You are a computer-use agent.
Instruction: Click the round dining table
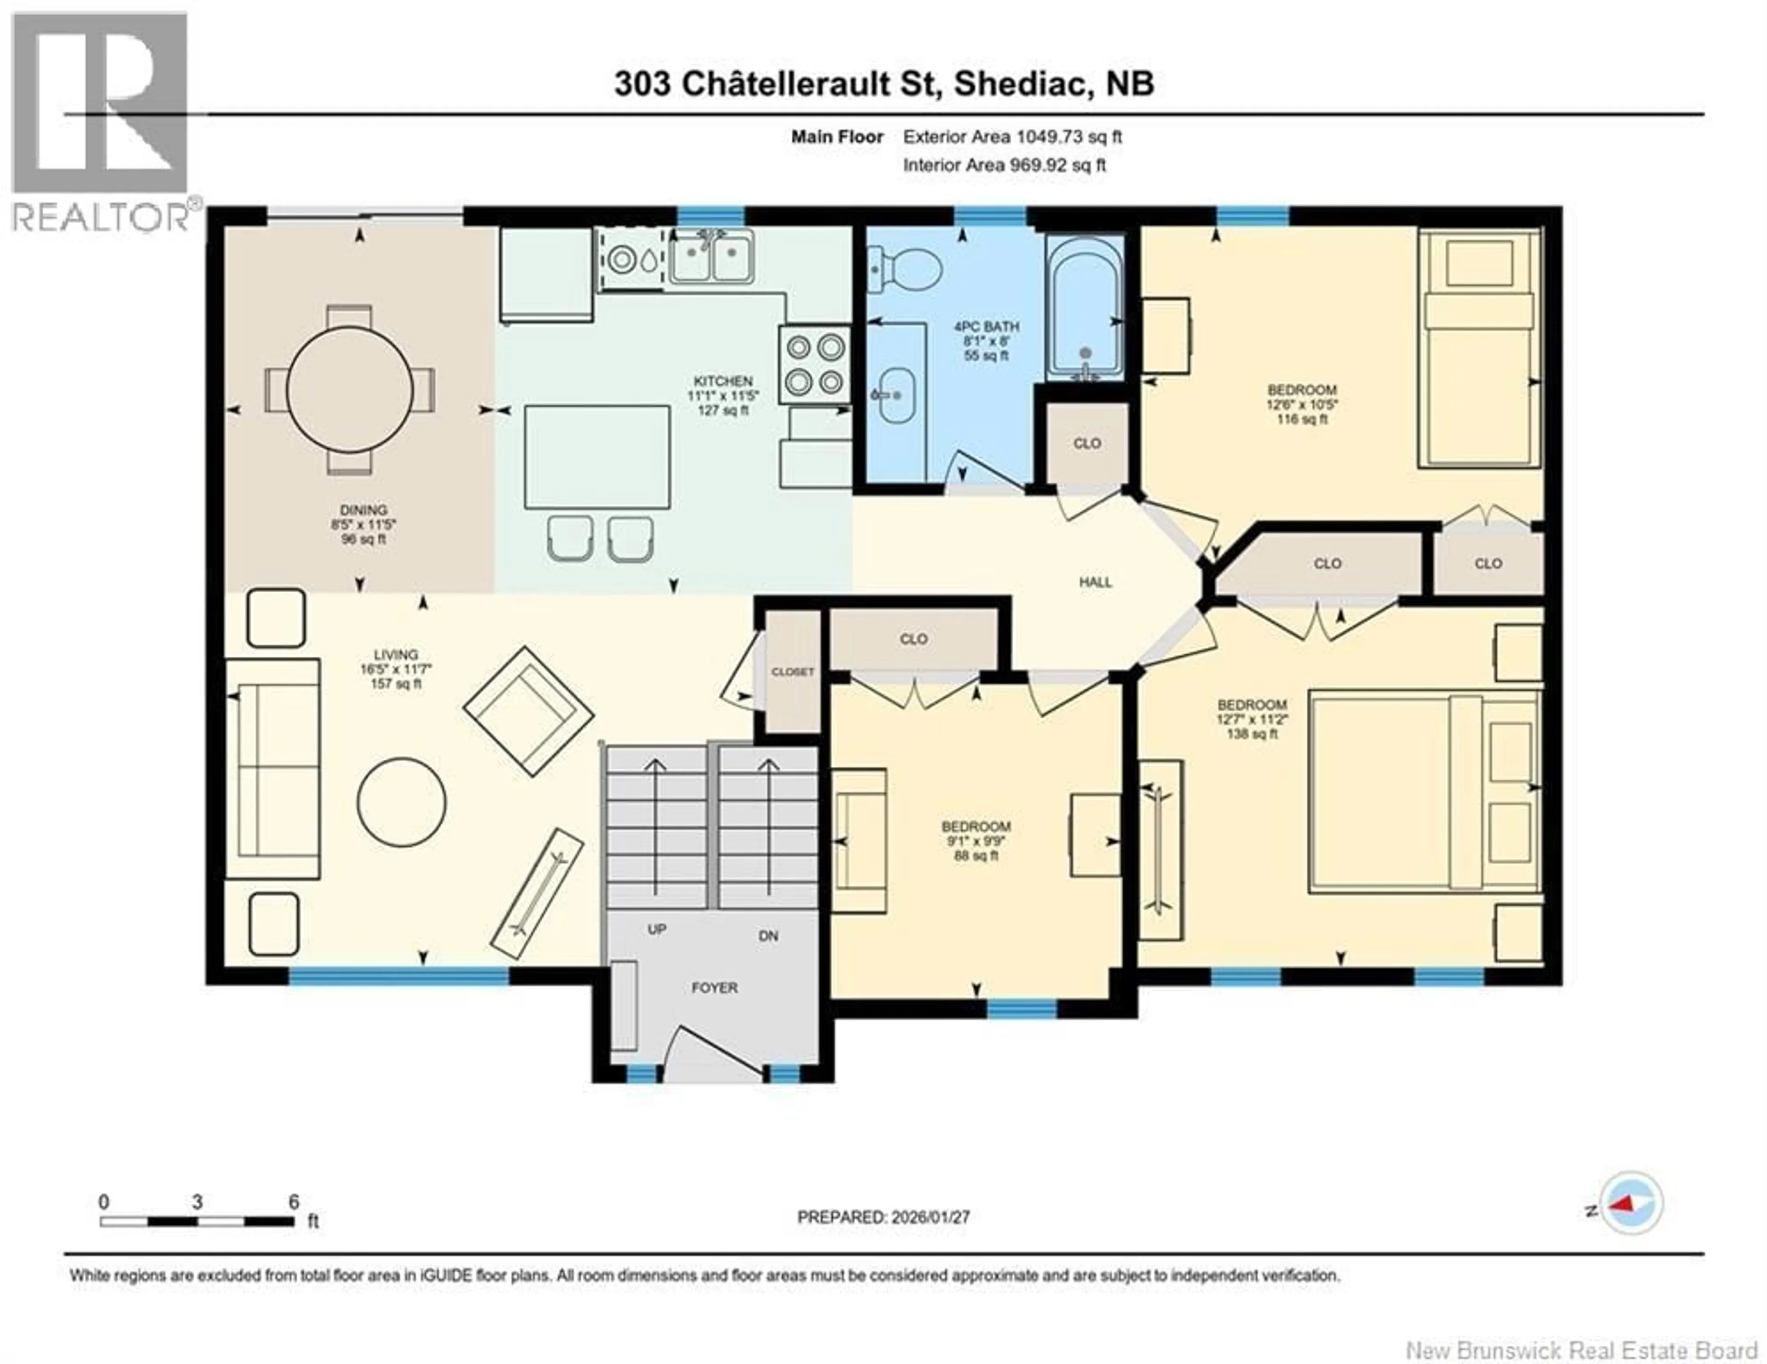pyautogui.click(x=350, y=389)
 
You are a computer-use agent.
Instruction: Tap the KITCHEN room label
pyautogui.click(x=722, y=381)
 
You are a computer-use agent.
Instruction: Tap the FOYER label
pyautogui.click(x=715, y=988)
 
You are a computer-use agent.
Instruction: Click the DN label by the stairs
pyautogui.click(x=768, y=936)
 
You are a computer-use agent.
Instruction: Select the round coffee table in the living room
pyautogui.click(x=401, y=801)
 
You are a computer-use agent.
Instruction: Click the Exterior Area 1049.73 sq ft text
pyautogui.click(x=1012, y=137)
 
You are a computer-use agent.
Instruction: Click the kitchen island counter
pyautogui.click(x=597, y=457)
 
